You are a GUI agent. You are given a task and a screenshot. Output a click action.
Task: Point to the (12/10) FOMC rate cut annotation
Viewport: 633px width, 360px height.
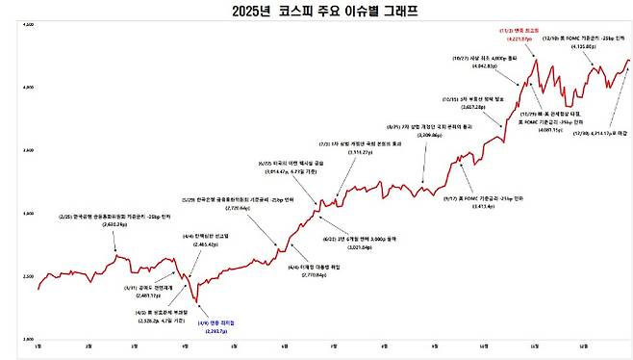tap(585, 38)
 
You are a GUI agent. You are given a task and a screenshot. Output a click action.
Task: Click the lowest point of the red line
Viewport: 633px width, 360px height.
tap(198, 302)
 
